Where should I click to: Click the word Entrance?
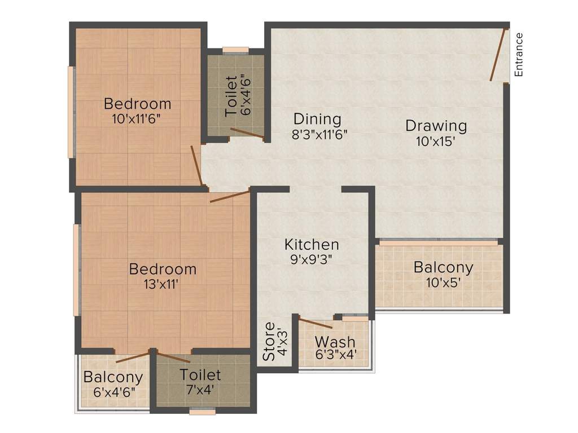point(519,55)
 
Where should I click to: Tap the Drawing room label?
point(436,126)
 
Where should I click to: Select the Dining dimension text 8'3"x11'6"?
point(320,134)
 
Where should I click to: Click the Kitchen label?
point(312,245)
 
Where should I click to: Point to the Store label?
point(269,342)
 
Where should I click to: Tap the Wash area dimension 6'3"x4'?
point(336,355)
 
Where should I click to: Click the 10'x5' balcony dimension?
point(444,283)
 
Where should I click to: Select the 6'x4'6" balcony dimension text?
point(114,392)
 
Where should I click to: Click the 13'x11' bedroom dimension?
point(162,284)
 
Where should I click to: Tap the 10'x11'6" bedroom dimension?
point(137,119)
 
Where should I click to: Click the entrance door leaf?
point(497,54)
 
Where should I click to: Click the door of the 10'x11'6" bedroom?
point(196,165)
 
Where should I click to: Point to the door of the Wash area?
point(316,322)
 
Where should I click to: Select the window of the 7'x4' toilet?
point(203,412)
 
